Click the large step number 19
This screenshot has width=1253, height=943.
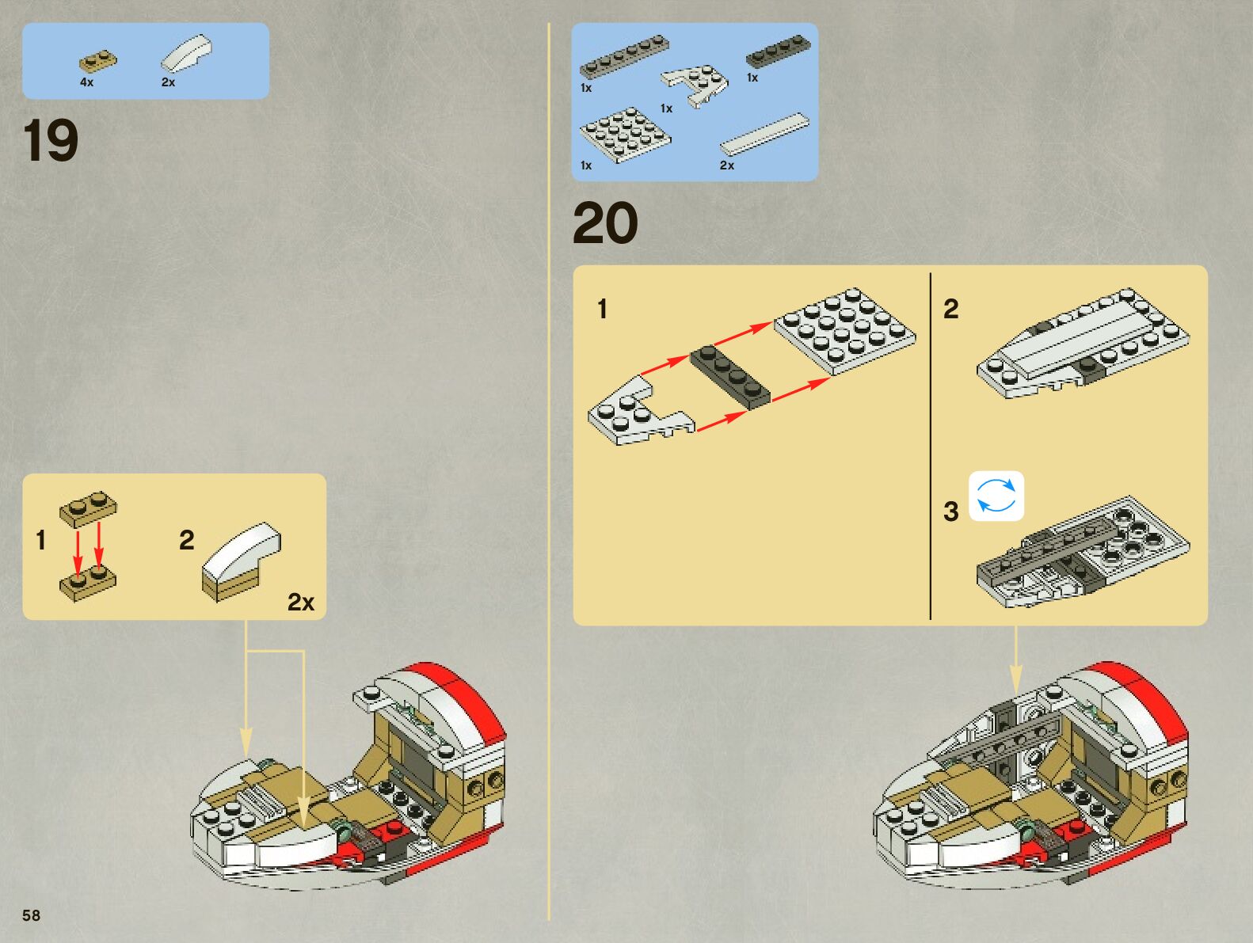pyautogui.click(x=51, y=141)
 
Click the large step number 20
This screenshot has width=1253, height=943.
pyautogui.click(x=605, y=223)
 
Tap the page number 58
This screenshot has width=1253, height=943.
pyautogui.click(x=31, y=915)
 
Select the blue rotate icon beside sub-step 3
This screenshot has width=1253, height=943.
pyautogui.click(x=996, y=496)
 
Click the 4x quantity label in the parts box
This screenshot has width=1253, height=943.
pyautogui.click(x=86, y=82)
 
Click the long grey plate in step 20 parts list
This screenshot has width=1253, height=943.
pyautogui.click(x=624, y=57)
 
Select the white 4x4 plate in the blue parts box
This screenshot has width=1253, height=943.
pyautogui.click(x=624, y=134)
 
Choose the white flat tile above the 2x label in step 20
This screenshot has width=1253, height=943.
pyautogui.click(x=765, y=133)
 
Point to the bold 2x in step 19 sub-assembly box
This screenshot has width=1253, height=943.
pyautogui.click(x=300, y=603)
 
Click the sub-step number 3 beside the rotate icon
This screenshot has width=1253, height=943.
pyautogui.click(x=950, y=511)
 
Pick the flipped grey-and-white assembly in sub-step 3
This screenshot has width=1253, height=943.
pyautogui.click(x=1081, y=553)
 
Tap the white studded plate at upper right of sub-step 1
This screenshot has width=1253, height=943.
pyautogui.click(x=844, y=329)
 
